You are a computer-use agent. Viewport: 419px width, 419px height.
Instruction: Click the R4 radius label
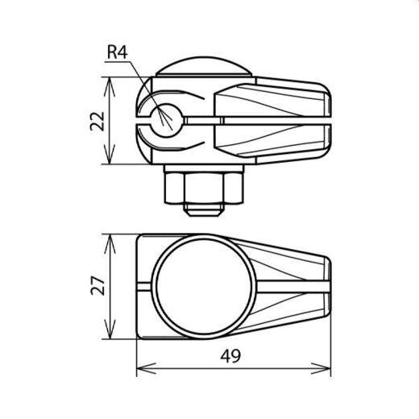click(117, 54)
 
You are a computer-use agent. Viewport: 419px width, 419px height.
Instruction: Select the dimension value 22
click(97, 121)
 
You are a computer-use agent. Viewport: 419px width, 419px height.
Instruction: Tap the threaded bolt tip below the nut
click(205, 212)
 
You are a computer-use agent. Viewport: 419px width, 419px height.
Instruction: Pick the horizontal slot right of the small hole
click(201, 122)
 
